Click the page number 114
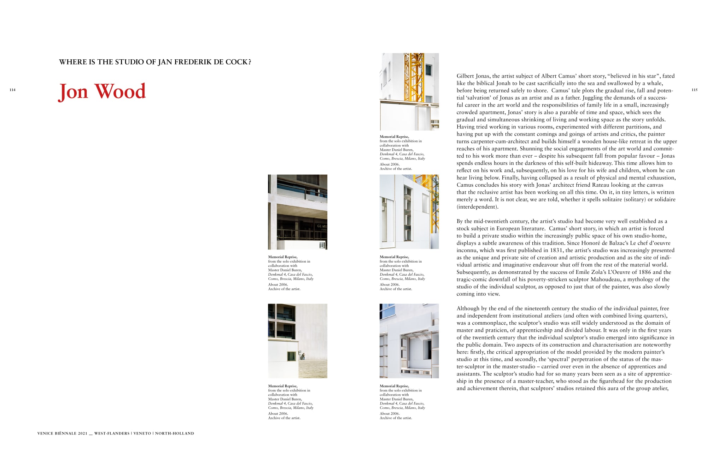[x=12, y=90]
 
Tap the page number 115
[x=694, y=90]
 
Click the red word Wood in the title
[x=121, y=91]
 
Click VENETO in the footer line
[x=142, y=433]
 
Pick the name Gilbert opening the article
[x=465, y=76]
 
